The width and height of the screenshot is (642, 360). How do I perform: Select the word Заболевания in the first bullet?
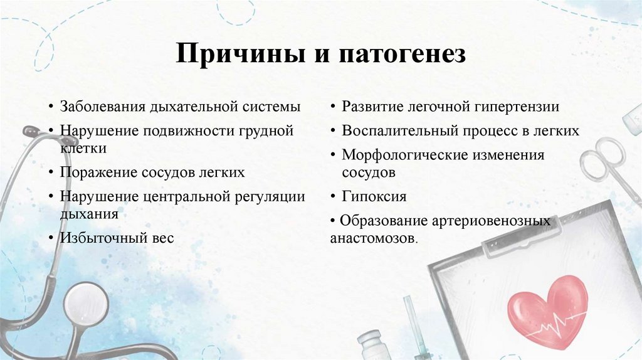click(x=102, y=107)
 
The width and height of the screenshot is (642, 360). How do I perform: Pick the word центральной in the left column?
click(x=182, y=196)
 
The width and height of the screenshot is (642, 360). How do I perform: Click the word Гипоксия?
click(x=374, y=196)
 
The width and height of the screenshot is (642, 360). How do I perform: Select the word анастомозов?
click(x=372, y=238)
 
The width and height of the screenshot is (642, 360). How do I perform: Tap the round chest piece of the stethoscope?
click(x=86, y=305)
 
